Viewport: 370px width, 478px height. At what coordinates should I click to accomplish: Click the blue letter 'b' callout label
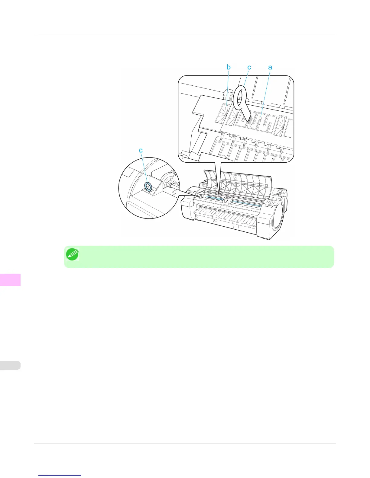[x=229, y=67]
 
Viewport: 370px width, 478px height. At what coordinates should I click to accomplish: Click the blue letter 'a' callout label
[x=270, y=67]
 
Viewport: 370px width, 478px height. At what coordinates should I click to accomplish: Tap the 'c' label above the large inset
[x=249, y=67]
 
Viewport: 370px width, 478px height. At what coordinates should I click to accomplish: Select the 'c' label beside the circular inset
[x=141, y=150]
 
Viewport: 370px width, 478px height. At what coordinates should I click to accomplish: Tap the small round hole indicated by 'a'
[x=260, y=118]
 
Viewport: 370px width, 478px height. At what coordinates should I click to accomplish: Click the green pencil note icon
[x=72, y=255]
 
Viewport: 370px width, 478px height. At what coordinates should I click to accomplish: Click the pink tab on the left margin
[x=10, y=279]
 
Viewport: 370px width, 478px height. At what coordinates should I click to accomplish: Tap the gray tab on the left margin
[x=10, y=365]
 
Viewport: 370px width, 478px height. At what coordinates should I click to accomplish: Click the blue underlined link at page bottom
[x=60, y=476]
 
